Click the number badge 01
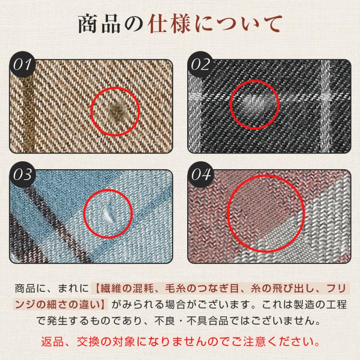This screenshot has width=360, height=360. tap(22, 64)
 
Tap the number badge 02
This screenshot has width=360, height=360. tap(200, 64)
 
